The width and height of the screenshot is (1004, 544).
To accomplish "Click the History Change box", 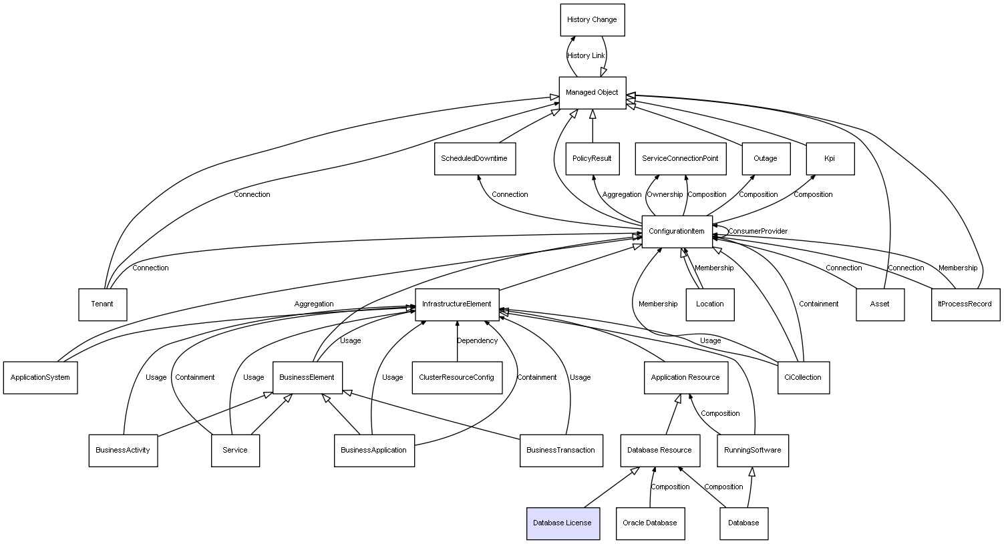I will coord(592,20).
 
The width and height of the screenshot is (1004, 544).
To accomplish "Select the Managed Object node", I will coord(592,93).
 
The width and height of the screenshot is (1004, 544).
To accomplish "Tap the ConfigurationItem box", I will coord(677,232).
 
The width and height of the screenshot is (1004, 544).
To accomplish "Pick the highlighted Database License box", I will coord(562,523).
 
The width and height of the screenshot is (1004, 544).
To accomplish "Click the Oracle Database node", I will coord(649,523).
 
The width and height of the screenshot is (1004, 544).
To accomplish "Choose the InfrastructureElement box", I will coord(457,304).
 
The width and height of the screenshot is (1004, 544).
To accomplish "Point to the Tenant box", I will coord(102,304).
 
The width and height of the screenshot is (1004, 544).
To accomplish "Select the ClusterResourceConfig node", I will coord(457,378).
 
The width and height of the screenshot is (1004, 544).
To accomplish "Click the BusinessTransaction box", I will coord(560,451).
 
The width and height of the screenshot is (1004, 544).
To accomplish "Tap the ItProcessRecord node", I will coord(965,304).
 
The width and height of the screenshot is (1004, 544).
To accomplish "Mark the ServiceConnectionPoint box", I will coord(680,159).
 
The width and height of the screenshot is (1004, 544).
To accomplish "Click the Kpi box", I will coord(830,159).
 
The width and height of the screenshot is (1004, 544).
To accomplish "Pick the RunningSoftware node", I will coord(753,451).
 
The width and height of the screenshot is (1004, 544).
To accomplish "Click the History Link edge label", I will coord(586,56).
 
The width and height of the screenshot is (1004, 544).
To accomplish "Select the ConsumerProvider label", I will coord(758,232).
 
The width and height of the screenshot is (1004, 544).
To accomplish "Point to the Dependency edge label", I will coord(477,341).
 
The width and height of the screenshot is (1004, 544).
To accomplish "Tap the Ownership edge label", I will coord(665,195).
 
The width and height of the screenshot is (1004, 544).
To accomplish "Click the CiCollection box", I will coord(804,378).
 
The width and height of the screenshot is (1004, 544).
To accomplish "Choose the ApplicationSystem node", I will coord(40,378).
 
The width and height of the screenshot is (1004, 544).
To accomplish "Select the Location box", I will coord(709,304).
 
